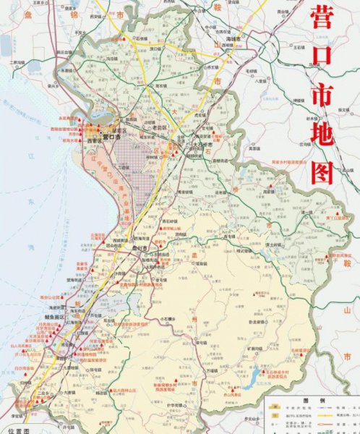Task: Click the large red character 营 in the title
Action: pyautogui.click(x=322, y=19)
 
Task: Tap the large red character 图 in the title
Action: pyautogui.click(x=322, y=171)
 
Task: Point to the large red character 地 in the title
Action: pyautogui.click(x=322, y=133)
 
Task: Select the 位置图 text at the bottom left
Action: pyautogui.click(x=12, y=430)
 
